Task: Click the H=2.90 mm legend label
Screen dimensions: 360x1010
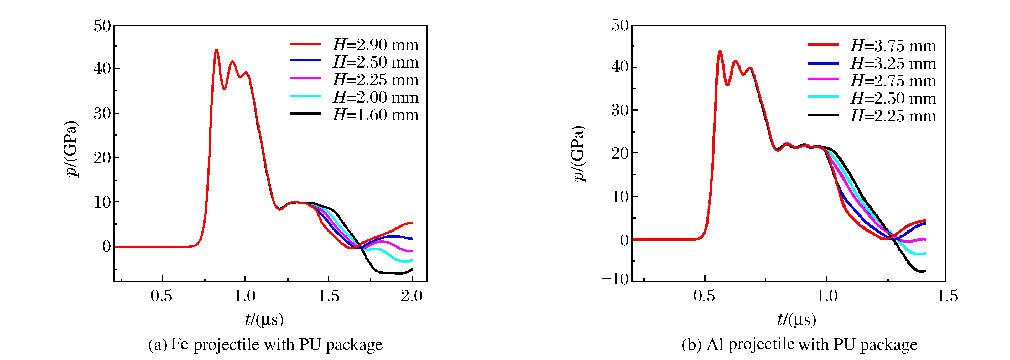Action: tap(375, 45)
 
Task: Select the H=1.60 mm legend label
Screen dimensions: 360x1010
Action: tap(375, 115)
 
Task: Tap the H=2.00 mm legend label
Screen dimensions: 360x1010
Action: tap(375, 97)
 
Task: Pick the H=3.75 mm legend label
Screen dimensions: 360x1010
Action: tap(893, 46)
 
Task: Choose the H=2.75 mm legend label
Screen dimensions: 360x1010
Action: tap(893, 81)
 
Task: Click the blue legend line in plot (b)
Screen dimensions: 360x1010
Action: tap(823, 63)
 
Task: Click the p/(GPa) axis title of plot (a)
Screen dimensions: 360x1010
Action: tap(71, 149)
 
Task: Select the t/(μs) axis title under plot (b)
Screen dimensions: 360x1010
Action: tap(796, 320)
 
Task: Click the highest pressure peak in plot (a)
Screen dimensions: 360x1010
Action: tap(216, 50)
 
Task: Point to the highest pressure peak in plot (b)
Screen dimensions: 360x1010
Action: tap(720, 52)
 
